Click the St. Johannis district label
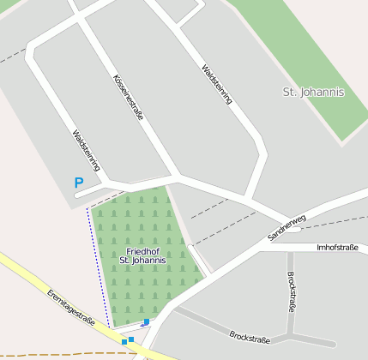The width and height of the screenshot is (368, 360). pos(313,92)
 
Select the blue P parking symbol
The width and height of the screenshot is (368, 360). pos(79,183)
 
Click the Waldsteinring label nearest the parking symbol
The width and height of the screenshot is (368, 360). pos(87,152)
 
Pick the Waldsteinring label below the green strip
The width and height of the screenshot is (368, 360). pos(216,84)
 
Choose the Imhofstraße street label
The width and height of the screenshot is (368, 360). pos(337,247)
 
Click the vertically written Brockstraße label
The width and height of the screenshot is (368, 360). pos(292,292)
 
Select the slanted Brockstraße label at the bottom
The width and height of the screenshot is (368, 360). pos(250,335)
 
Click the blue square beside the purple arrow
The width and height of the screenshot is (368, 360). pos(147,321)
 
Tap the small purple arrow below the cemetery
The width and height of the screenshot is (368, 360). pos(141,325)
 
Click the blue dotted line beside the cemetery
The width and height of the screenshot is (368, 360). pos(99,266)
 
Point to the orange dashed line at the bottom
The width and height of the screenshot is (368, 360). pos(51,353)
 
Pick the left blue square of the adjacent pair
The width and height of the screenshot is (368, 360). pos(124,342)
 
